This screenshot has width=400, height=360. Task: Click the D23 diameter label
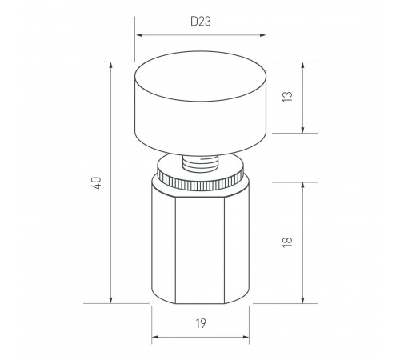coord(201,22)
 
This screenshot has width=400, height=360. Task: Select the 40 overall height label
coord(97,183)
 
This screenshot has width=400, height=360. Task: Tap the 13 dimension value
coord(287,97)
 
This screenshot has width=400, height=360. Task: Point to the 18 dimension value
coord(287,242)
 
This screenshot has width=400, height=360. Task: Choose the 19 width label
coord(201,323)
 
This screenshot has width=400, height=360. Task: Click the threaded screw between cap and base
coord(200,163)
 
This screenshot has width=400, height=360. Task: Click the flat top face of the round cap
coord(200,76)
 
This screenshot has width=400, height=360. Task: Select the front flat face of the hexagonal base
coord(200,250)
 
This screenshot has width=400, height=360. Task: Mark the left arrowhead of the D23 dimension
coord(139,35)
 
